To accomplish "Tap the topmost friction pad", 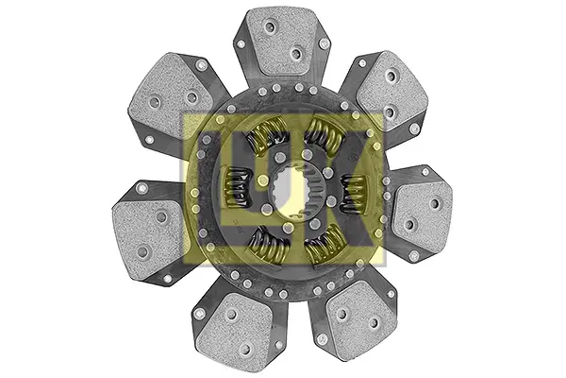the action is (x=281, y=41).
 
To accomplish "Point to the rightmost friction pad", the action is (x=422, y=215).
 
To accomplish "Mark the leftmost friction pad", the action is (x=149, y=234).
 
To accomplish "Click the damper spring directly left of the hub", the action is (x=237, y=187).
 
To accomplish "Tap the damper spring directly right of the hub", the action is (x=354, y=194).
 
